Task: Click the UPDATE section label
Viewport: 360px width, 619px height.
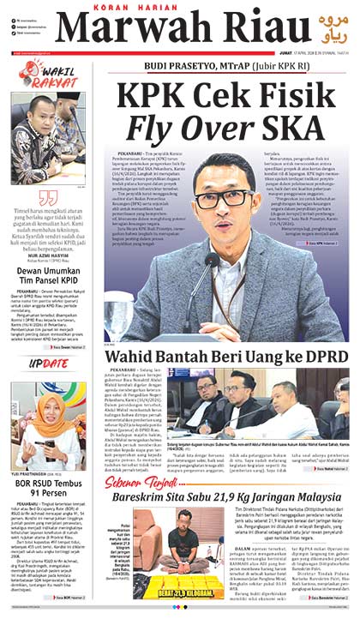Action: coord(49,363)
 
